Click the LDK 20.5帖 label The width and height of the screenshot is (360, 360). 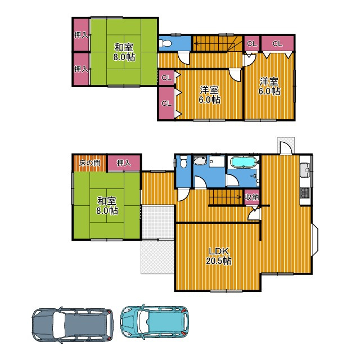pos(218,256)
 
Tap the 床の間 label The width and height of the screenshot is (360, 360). pos(89,163)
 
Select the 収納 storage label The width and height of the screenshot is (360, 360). pos(252,197)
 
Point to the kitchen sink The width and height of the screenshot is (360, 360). pos(305,170)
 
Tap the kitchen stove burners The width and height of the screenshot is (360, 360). pos(305,193)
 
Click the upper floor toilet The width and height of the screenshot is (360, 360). pos(165,43)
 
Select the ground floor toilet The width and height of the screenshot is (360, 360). pos(183,161)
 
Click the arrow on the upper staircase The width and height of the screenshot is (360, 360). pos(214,43)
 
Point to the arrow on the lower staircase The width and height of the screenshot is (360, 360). pos(225,197)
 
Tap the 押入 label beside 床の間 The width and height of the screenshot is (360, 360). pos(124,163)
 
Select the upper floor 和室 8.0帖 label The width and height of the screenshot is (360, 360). pos(124,52)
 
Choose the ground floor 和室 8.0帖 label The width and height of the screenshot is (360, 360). pos(107,206)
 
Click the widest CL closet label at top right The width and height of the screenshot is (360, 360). pos(277,43)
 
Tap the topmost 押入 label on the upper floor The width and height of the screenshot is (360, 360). pos(81,35)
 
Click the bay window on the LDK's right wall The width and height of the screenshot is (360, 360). pos(314,240)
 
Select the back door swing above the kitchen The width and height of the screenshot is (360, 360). pos(286,147)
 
